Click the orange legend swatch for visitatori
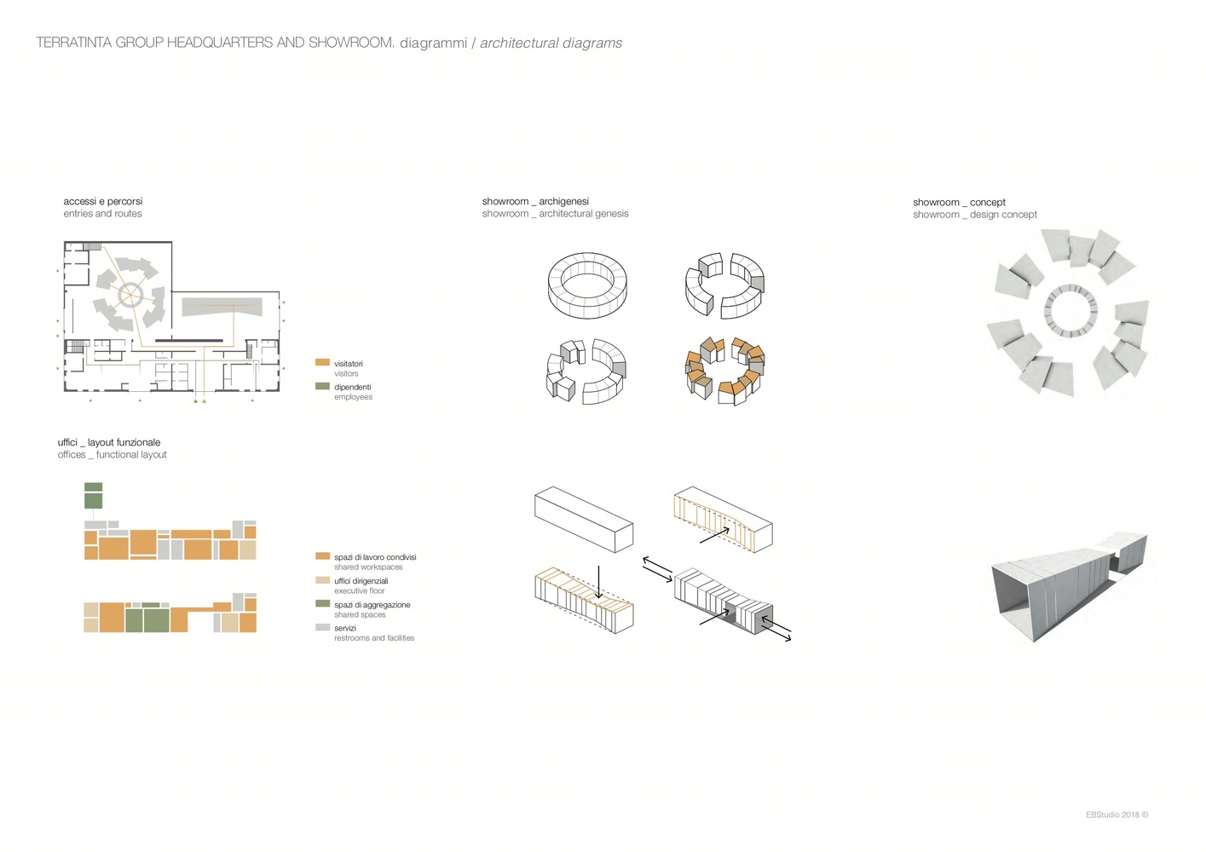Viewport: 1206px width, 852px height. pos(322,362)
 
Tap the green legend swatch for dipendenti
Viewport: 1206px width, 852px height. pos(322,385)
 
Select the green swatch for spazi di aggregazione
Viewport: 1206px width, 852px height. pos(322,603)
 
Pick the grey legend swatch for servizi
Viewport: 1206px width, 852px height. pos(322,627)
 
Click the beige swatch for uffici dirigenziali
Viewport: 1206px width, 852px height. pos(322,579)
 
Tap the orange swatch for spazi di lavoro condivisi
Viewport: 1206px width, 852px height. pos(322,556)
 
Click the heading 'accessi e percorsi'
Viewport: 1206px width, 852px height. pos(103,201)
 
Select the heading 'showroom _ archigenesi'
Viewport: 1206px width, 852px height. pos(535,201)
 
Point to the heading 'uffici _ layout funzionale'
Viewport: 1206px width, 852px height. pos(109,442)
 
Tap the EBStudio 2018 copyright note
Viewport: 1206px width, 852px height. pos(1117,815)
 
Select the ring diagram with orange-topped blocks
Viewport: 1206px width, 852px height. pos(724,371)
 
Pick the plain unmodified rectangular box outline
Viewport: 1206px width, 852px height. pos(584,520)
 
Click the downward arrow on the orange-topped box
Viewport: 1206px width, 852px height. pos(598,582)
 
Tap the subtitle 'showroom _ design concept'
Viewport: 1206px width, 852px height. pos(974,214)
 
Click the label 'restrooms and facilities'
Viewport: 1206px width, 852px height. pos(374,638)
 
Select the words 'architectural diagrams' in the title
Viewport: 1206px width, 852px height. pos(551,43)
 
